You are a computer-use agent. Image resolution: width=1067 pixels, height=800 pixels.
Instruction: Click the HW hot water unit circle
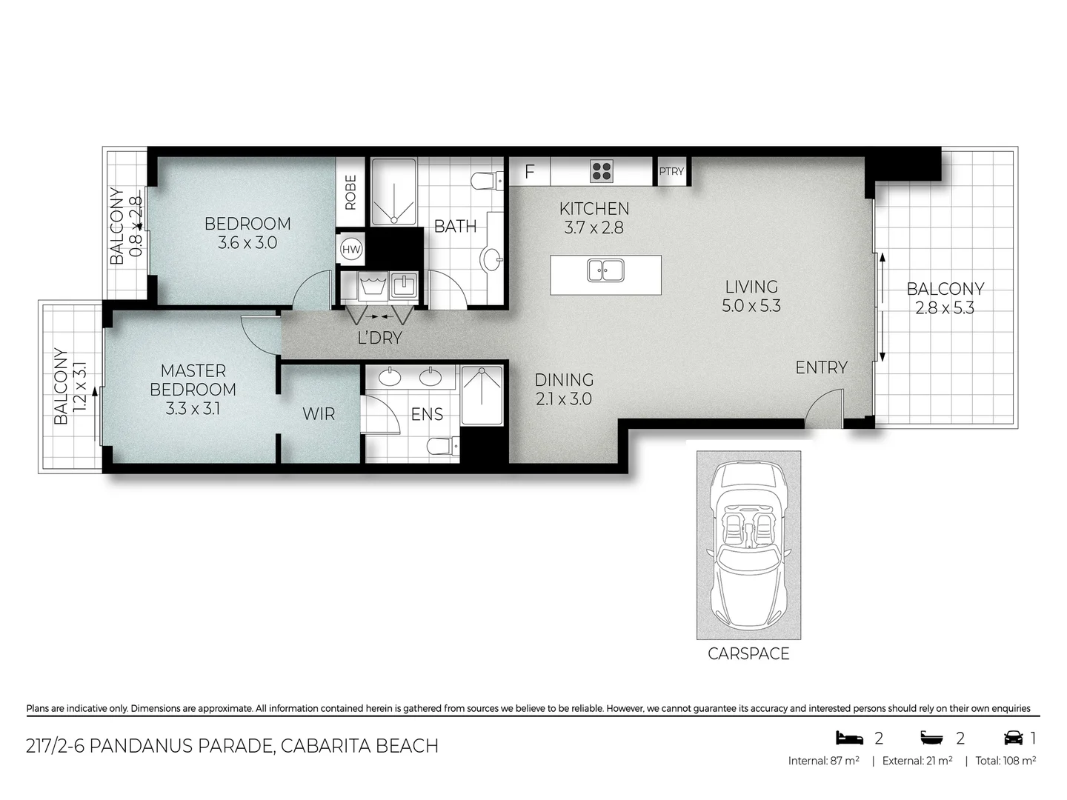[351, 250]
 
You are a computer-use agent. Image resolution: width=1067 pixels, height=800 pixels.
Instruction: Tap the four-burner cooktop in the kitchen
[602, 171]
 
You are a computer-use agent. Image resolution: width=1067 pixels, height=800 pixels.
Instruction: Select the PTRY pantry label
[671, 171]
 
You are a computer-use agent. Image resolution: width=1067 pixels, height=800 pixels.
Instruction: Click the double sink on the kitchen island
[605, 270]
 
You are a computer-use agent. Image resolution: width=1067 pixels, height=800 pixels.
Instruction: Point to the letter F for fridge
[529, 172]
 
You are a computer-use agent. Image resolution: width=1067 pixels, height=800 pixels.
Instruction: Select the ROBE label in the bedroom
[350, 192]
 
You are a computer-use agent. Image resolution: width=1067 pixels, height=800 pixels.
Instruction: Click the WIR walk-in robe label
[319, 414]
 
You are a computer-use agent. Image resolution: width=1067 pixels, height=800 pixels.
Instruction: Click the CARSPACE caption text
[748, 653]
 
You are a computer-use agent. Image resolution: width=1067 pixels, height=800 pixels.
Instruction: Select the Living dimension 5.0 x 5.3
[751, 306]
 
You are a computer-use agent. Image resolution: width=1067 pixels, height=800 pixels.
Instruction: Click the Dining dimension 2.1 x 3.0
[564, 399]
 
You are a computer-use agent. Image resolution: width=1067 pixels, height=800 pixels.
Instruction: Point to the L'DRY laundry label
[379, 338]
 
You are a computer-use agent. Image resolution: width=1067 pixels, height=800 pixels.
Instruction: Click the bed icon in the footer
[850, 738]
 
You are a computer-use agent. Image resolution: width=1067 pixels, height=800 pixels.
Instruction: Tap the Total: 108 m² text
[1005, 761]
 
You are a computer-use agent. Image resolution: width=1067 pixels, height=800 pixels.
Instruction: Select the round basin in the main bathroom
[491, 259]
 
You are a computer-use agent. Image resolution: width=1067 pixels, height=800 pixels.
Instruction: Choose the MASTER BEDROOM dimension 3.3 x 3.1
[193, 408]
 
